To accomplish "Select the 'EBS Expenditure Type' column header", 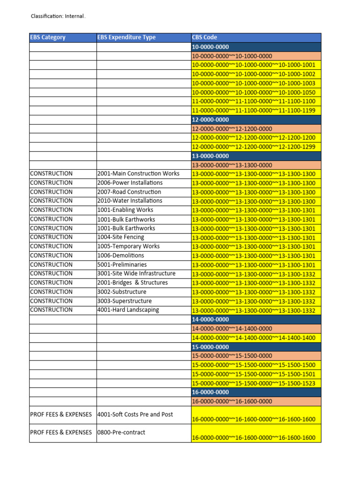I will click(x=126, y=37).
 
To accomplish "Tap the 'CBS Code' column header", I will click(x=205, y=37).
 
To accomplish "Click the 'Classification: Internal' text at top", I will click(x=58, y=16).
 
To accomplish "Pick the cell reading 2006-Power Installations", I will click(x=130, y=183).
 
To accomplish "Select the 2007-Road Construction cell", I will click(x=129, y=192).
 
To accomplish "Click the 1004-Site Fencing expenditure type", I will click(x=121, y=237).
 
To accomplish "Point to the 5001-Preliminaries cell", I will click(x=122, y=264).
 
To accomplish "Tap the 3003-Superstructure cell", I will click(x=124, y=301).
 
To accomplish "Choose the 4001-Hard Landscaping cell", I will click(x=128, y=310).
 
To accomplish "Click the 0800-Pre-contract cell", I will click(x=121, y=432).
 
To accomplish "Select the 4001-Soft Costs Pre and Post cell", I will click(x=135, y=414).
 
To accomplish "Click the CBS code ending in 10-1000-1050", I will click(x=254, y=92).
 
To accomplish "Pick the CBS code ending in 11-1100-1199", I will click(x=254, y=111).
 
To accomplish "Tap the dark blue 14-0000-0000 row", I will click(x=256, y=320).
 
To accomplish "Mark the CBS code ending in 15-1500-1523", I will click(x=254, y=383).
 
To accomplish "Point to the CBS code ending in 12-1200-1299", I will click(x=254, y=147).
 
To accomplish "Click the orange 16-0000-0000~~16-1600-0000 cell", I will click(x=232, y=402).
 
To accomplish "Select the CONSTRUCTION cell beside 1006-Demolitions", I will click(x=52, y=255).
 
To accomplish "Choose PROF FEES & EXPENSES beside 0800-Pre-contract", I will click(x=61, y=432).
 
